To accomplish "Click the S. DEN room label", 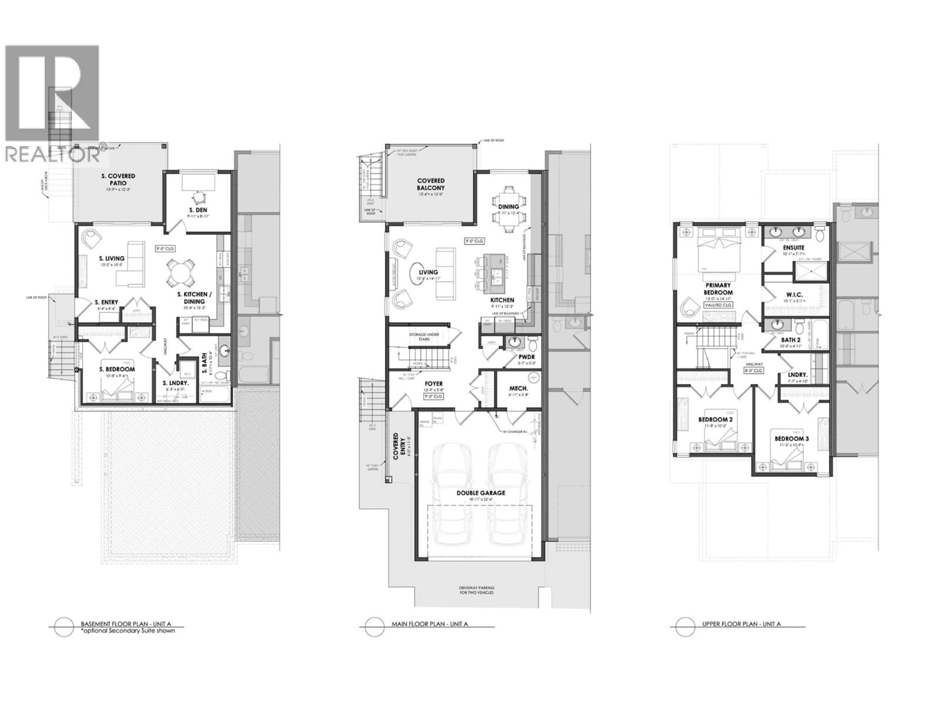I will pyautogui.click(x=198, y=210).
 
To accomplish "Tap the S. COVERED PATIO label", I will pyautogui.click(x=118, y=179).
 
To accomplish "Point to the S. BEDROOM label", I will pyautogui.click(x=117, y=369).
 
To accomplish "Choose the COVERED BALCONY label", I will pyautogui.click(x=431, y=184).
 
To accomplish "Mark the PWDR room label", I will pyautogui.click(x=526, y=357).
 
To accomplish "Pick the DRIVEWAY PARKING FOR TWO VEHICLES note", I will pyautogui.click(x=477, y=590).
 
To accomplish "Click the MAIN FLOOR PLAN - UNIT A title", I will pyautogui.click(x=430, y=624).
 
